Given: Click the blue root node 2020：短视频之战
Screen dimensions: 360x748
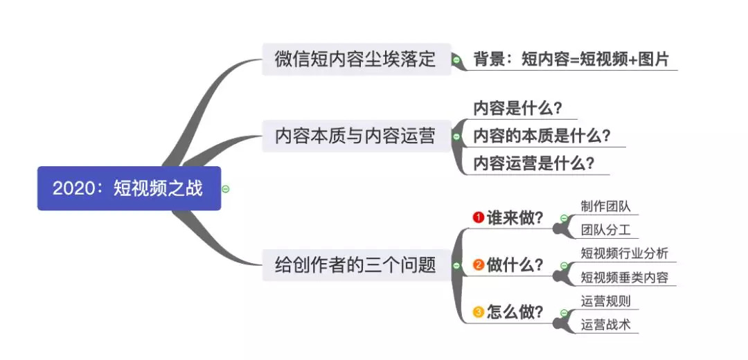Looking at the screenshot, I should pos(129,188).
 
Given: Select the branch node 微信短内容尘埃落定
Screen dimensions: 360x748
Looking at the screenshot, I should pos(356,60).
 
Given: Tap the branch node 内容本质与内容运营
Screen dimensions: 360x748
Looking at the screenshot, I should pos(356,136).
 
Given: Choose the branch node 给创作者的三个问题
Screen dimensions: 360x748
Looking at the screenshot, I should pos(356,264).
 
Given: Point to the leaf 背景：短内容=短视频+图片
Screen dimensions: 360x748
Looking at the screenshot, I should pos(571,60).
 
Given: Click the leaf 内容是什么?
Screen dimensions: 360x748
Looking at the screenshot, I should pos(517,109).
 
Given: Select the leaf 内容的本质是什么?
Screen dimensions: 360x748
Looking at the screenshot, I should pos(542,136).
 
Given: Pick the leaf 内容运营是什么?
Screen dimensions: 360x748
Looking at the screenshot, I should pos(533,164).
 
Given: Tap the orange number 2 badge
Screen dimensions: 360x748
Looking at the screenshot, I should pos(478,265).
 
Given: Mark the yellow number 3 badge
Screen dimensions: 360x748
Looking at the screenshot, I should pos(478,312).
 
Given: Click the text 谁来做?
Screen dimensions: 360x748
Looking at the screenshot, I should pos(515,218).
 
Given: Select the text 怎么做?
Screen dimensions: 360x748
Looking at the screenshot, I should pos(515,312).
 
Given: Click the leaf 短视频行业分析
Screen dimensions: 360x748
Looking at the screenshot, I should pos(625,253).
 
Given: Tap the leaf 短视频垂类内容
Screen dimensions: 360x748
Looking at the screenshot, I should pos(625,278).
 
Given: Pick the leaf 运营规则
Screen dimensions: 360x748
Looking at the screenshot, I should pos(606,300).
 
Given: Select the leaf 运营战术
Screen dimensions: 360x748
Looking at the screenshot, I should pos(606,324).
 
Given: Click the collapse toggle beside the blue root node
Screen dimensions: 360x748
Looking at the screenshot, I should pos(226,188).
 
